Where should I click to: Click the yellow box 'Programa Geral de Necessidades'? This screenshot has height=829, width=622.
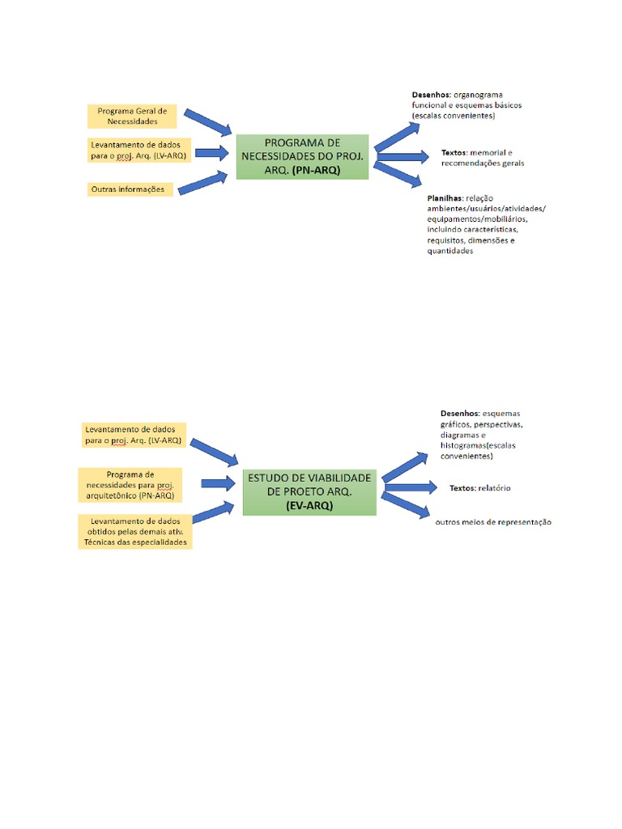132,116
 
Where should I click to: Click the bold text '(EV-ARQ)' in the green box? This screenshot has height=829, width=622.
309,505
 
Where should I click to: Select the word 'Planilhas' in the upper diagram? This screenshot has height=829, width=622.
445,198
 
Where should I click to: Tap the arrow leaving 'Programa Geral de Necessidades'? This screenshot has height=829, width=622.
208,121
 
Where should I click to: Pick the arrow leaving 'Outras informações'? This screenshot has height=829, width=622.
203,183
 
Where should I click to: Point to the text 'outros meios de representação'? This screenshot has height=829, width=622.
492,522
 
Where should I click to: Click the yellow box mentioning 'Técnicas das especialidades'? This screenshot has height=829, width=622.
135,531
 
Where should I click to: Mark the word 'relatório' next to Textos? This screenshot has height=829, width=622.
494,488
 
